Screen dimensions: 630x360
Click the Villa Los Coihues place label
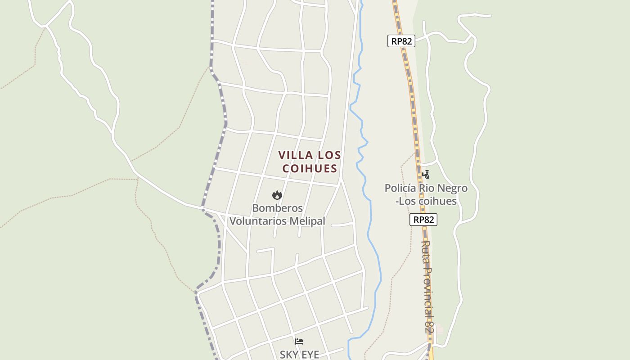pos(310,162)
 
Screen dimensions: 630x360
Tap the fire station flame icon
pos(277,195)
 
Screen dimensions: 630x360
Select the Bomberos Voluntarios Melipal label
pos(277,215)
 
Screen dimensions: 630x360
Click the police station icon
pos(426,174)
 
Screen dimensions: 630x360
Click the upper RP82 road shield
pos(401,41)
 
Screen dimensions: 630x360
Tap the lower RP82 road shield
pos(423,220)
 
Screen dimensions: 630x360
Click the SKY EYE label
pos(299,355)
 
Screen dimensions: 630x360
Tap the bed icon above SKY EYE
pos(299,342)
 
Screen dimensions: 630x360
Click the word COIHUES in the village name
pos(310,168)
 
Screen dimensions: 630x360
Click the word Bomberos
pos(277,208)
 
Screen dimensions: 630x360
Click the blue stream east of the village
pos(371,216)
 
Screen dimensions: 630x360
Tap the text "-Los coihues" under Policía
pos(426,201)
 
